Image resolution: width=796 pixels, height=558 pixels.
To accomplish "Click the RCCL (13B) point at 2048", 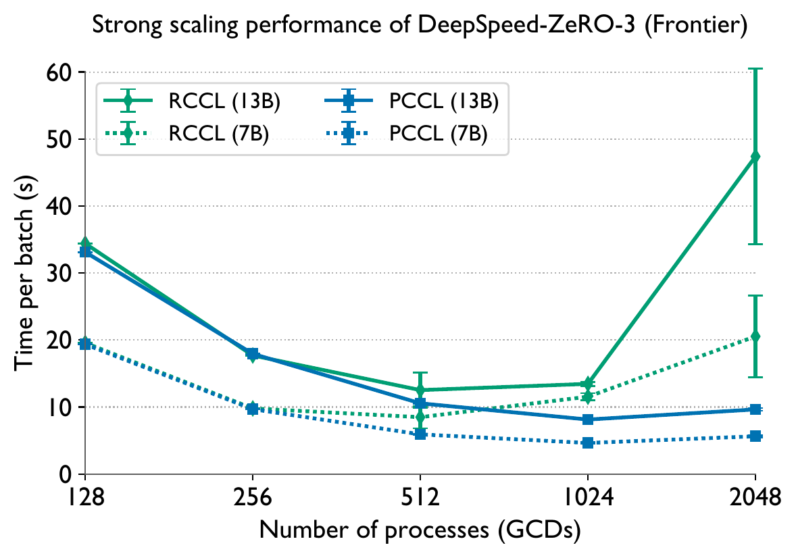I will [x=755, y=156].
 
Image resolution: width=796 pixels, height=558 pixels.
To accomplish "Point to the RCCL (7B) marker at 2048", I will [x=755, y=336].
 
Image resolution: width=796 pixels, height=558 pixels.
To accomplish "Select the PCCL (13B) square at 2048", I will [x=755, y=409].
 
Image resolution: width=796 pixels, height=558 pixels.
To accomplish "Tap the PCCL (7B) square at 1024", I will [x=587, y=443].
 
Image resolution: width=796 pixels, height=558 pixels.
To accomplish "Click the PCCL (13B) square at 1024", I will [x=587, y=420].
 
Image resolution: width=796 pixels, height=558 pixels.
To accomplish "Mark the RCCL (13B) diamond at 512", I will [x=420, y=390].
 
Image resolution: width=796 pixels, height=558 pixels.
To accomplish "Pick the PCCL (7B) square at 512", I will [x=420, y=434].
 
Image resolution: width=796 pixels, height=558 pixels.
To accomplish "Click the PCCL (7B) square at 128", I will [x=85, y=344].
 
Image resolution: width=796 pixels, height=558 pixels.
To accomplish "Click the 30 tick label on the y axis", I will [x=63, y=273].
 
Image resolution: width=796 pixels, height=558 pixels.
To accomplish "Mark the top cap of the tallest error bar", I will [x=755, y=69].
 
